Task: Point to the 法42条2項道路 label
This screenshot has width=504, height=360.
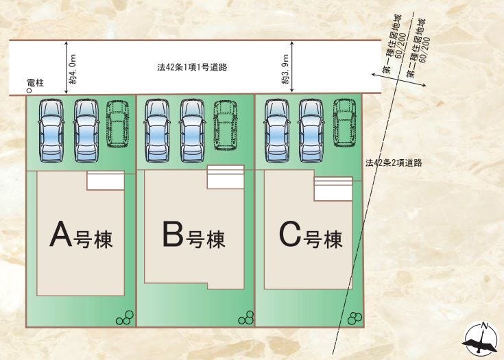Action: point(393,163)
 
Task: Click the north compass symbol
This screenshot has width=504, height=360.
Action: point(482,339)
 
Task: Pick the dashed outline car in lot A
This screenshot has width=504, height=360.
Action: point(118,124)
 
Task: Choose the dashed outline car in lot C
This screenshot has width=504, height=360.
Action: point(346,123)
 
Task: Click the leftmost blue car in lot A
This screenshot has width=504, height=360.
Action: point(50,130)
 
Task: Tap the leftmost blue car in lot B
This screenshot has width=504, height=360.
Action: point(157,130)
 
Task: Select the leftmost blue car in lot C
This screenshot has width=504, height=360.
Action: point(276,129)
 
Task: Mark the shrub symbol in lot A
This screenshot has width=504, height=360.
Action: point(124,317)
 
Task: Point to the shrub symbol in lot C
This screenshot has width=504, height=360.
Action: point(355,317)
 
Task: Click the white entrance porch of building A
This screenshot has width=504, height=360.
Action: point(106,181)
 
